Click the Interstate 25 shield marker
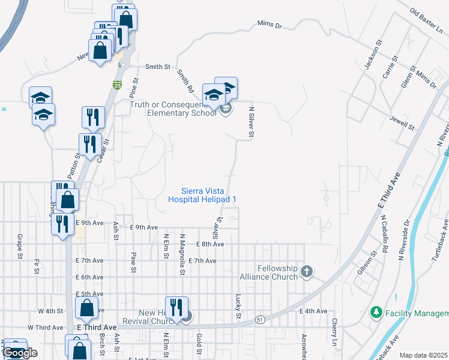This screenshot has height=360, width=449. click(118, 86)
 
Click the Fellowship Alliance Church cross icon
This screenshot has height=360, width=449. click(307, 272)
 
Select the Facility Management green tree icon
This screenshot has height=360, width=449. click(376, 312)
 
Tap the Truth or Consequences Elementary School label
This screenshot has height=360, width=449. click(173, 108)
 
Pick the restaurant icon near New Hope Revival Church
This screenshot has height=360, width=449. click(177, 307)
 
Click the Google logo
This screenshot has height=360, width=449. click(20, 352)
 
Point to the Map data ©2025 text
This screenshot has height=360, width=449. click(424, 355)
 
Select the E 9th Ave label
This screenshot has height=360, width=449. click(143, 227)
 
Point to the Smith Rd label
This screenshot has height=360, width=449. click(185, 81)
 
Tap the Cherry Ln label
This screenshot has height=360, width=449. click(335, 328)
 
